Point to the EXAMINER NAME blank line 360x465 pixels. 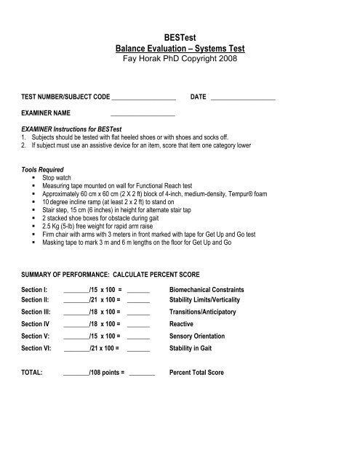tap(143, 115)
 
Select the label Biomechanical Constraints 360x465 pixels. tap(216, 290)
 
